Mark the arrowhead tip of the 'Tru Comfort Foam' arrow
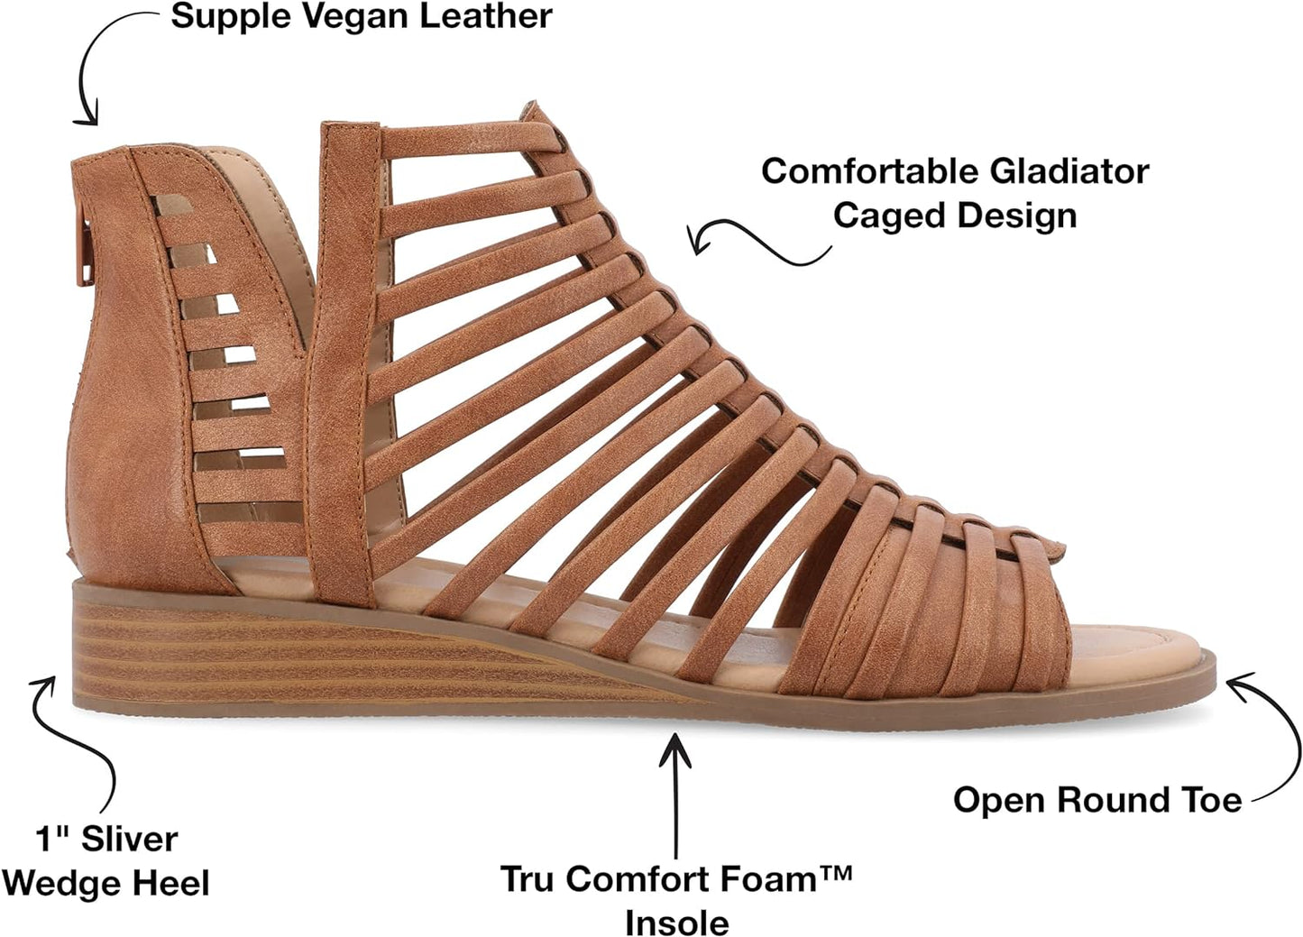click(x=674, y=734)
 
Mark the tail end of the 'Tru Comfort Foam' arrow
click(x=675, y=858)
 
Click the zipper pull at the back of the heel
click(x=87, y=256)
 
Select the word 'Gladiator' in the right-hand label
click(x=1069, y=172)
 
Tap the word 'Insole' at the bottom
click(x=677, y=923)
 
